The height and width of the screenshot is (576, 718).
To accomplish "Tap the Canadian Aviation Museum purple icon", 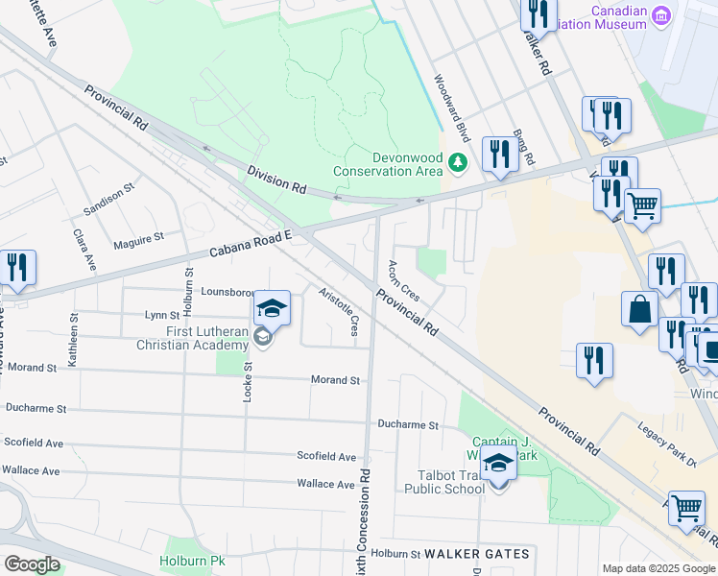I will pos(659,16).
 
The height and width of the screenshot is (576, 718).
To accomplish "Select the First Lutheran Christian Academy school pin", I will pos(272,309).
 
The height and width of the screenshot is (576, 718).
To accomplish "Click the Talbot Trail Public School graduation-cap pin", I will pos(498,466).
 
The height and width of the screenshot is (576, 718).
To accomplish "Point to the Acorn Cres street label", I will pos(404,279).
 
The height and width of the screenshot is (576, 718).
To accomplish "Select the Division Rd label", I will pos(275,180).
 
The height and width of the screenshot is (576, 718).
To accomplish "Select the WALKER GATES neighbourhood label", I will pos(476,554).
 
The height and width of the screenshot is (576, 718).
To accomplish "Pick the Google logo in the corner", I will pos(32,564).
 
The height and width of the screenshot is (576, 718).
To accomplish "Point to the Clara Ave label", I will pos(84,249).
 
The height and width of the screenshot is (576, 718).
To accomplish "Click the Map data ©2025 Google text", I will pos(658,568).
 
